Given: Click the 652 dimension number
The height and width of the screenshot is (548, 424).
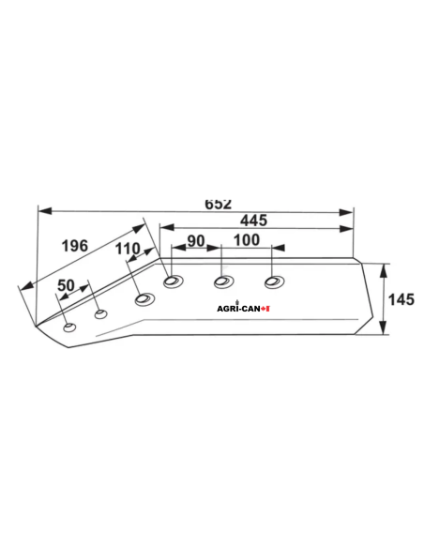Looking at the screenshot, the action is pyautogui.click(x=218, y=205).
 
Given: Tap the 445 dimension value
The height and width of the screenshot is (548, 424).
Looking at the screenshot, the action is pyautogui.click(x=253, y=221).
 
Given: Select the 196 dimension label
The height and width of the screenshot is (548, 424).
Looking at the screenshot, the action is pyautogui.click(x=75, y=246).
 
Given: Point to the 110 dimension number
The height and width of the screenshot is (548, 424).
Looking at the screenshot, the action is pyautogui.click(x=128, y=249).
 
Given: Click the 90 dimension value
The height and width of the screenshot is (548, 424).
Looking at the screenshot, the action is pyautogui.click(x=196, y=241).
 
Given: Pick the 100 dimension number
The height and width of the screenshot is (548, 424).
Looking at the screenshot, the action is pyautogui.click(x=247, y=240).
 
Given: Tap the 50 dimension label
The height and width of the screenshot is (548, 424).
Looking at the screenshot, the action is pyautogui.click(x=66, y=285).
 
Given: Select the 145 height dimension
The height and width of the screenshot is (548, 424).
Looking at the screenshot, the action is pyautogui.click(x=401, y=299).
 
